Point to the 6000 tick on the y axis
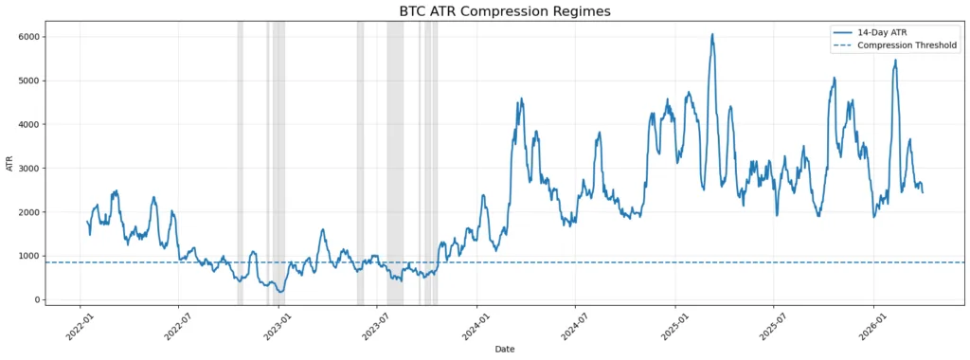(x=55, y=37)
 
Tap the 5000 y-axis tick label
(x=55, y=81)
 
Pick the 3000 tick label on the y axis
(x=55, y=169)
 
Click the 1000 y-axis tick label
(x=55, y=256)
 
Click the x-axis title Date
(x=504, y=350)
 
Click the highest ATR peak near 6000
(x=712, y=35)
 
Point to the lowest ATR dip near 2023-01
(x=280, y=292)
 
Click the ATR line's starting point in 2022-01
(x=87, y=222)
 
